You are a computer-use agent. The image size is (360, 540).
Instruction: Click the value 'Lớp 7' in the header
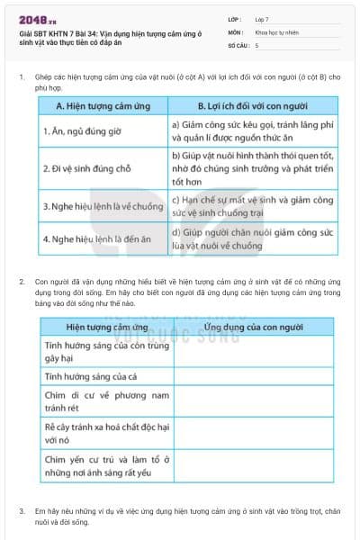pyautogui.click(x=265, y=19)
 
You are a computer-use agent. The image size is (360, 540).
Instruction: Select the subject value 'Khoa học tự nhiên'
pyautogui.click(x=279, y=31)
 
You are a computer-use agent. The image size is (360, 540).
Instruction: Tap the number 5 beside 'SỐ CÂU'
pyautogui.click(x=256, y=44)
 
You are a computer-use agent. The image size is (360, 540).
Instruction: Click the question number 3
pyautogui.click(x=22, y=511)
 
